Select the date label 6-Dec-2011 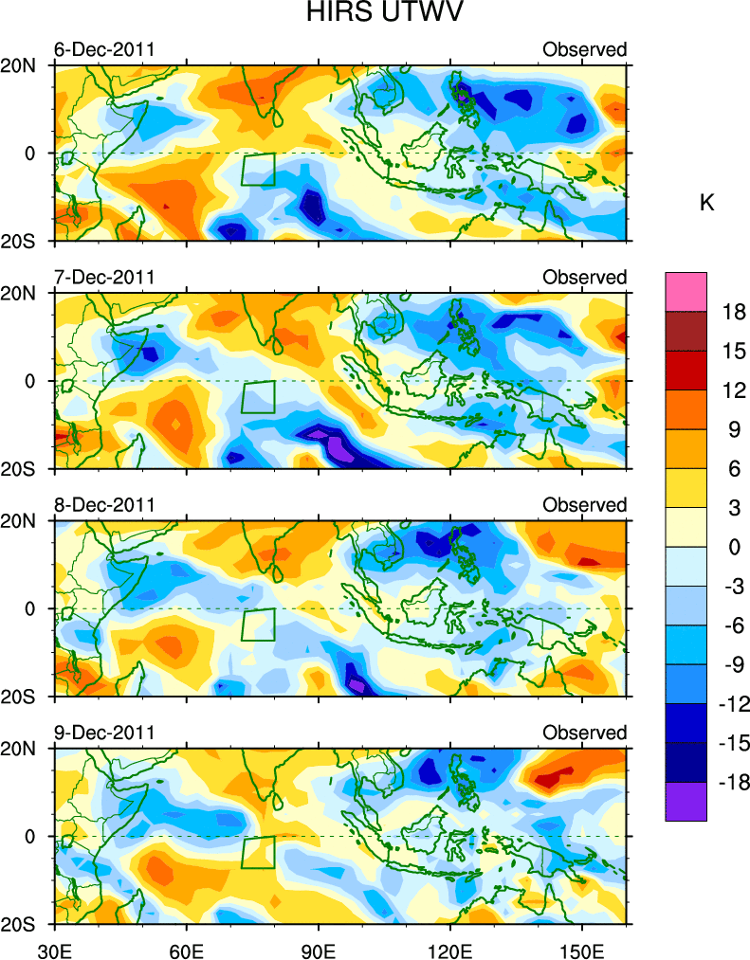104,49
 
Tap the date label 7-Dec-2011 104,277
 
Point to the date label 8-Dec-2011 104,504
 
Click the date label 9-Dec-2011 104,733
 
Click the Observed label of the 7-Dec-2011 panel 584,277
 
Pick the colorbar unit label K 706,203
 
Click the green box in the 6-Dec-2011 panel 258,170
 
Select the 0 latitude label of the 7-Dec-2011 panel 28,381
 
